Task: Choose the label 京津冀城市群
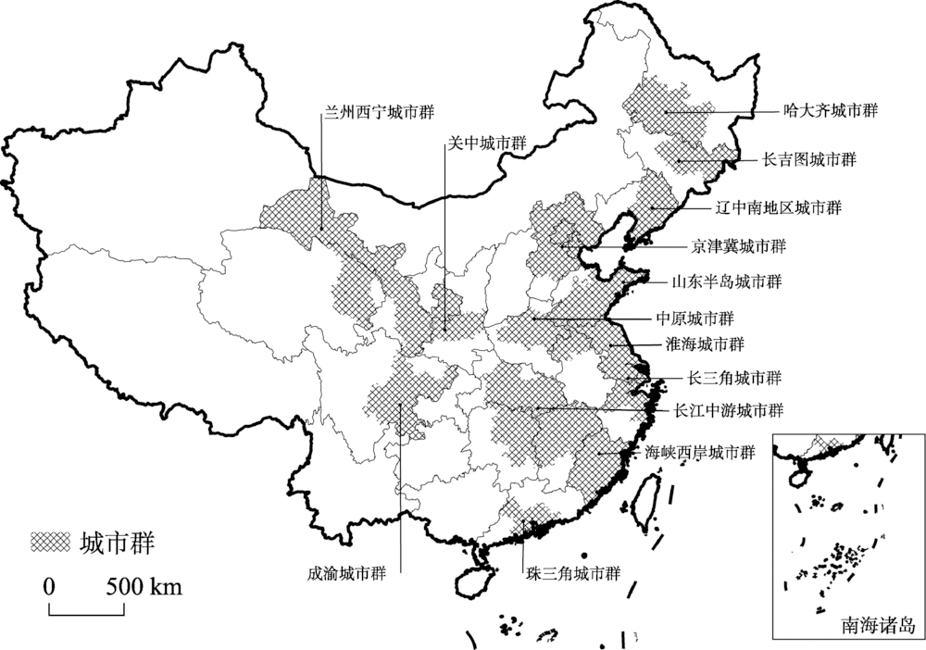click(x=737, y=246)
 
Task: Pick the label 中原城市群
click(x=694, y=318)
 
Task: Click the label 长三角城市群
click(x=732, y=378)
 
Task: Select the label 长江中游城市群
click(x=729, y=409)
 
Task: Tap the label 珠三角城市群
click(x=569, y=571)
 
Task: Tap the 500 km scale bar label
click(x=144, y=586)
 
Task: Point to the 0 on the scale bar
click(x=49, y=586)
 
